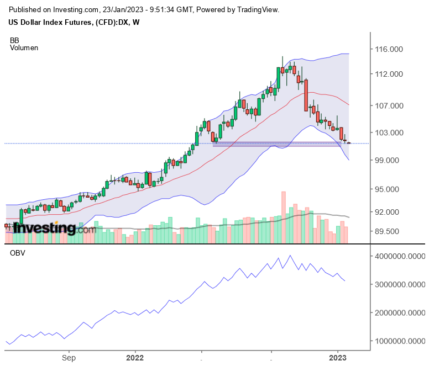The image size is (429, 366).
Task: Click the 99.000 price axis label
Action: click(388, 160)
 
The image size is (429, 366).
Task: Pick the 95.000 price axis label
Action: click(388, 189)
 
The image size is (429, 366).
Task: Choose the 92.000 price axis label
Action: click(388, 211)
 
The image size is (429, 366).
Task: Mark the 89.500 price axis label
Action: click(388, 231)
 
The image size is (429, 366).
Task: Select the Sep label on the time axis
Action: click(69, 357)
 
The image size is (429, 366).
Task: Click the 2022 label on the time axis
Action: click(134, 357)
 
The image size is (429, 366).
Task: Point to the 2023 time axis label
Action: click(337, 357)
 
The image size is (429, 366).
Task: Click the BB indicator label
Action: click(14, 40)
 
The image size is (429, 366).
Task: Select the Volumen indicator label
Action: click(24, 48)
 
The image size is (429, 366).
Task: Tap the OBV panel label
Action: click(17, 253)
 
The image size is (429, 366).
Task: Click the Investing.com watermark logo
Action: click(50, 228)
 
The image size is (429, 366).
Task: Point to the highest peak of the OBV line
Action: click(290, 256)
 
